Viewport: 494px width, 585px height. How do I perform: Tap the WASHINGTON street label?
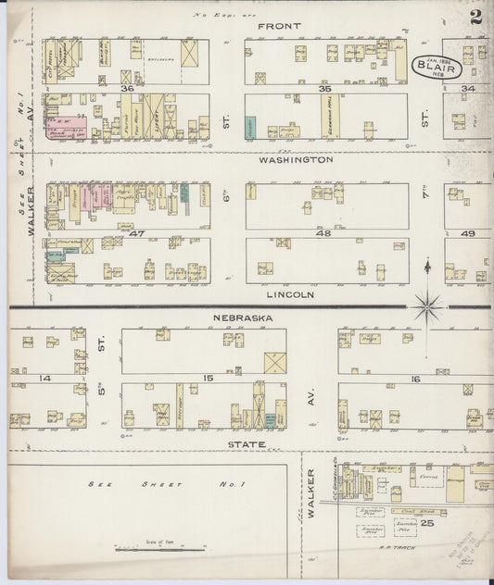point(296,160)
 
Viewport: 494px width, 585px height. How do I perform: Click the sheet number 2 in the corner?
point(475,17)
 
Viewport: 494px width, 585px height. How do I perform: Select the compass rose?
point(426,305)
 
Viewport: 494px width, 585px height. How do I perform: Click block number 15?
point(209,379)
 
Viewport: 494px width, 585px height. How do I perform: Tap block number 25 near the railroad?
point(427,523)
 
